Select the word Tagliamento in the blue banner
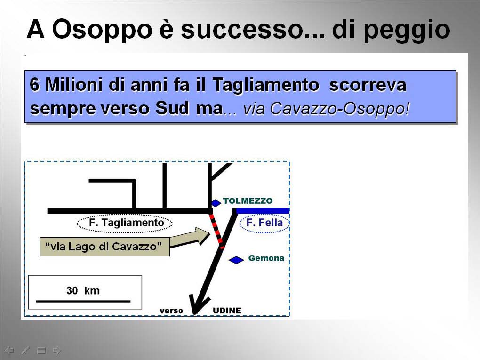(266, 85)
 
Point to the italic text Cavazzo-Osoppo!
(339, 108)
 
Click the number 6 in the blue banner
(35, 84)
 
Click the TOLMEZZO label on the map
(248, 201)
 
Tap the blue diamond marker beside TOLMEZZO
(216, 203)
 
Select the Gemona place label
(266, 258)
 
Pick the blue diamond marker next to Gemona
(236, 260)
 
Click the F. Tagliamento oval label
(125, 223)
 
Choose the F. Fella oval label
(264, 223)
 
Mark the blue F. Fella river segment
(263, 211)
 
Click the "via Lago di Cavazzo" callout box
(104, 247)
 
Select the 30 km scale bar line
(83, 301)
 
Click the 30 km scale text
(83, 290)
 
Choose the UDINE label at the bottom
(227, 311)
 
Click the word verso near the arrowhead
(171, 311)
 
